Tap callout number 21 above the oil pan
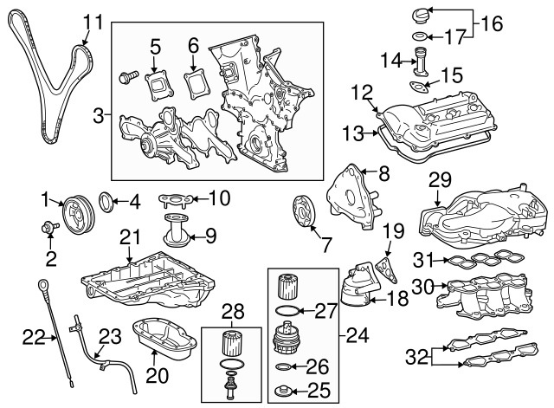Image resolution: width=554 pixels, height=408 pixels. point(130,236)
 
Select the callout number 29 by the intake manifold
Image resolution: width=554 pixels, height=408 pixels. point(441,181)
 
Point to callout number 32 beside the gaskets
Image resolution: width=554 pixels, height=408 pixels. point(417,354)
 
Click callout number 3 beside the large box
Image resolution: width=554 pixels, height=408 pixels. point(98,113)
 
